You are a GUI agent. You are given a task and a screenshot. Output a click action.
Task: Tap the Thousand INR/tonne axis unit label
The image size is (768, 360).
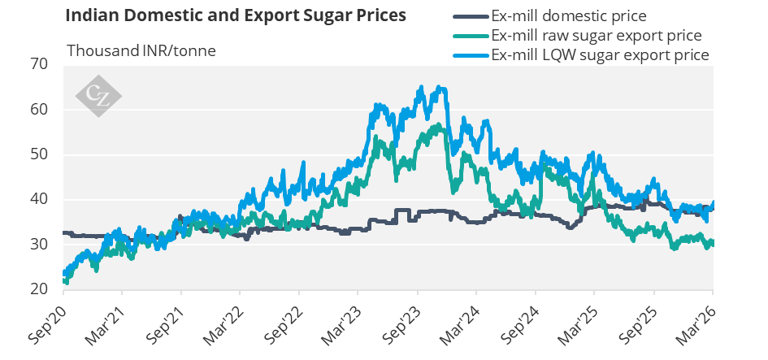coord(141,50)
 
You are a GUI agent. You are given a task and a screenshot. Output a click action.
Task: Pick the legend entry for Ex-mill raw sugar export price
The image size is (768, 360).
coord(597,36)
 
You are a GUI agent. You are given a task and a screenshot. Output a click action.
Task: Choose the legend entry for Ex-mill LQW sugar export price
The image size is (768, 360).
coord(601,54)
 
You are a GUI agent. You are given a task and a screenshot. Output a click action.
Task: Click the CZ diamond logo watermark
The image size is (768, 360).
coord(98,95)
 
